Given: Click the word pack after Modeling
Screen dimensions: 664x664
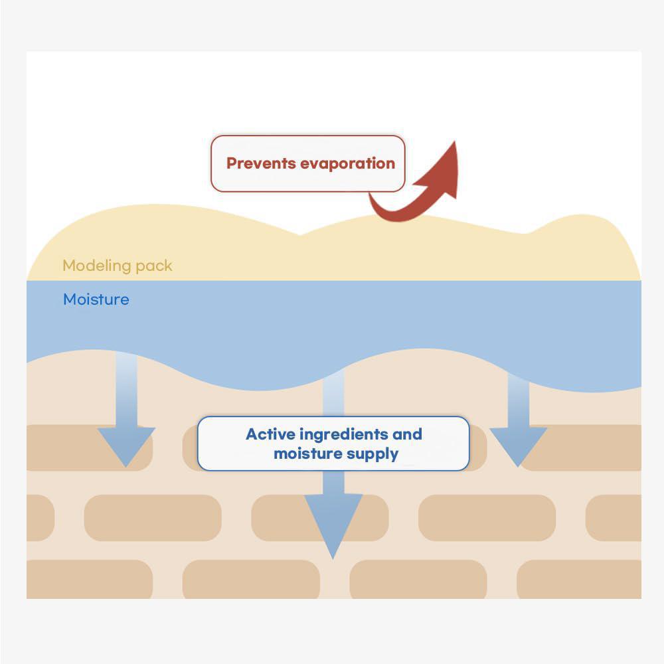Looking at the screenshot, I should tap(153, 266).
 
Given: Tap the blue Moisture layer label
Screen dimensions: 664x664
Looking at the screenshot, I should tap(96, 299).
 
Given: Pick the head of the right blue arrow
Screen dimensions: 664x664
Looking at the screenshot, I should tap(518, 446).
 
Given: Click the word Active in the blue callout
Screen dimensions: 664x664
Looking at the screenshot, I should tap(270, 434).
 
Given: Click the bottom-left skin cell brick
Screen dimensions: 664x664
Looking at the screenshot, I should tap(90, 579).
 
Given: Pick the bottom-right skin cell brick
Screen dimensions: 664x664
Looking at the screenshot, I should tap(578, 579).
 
